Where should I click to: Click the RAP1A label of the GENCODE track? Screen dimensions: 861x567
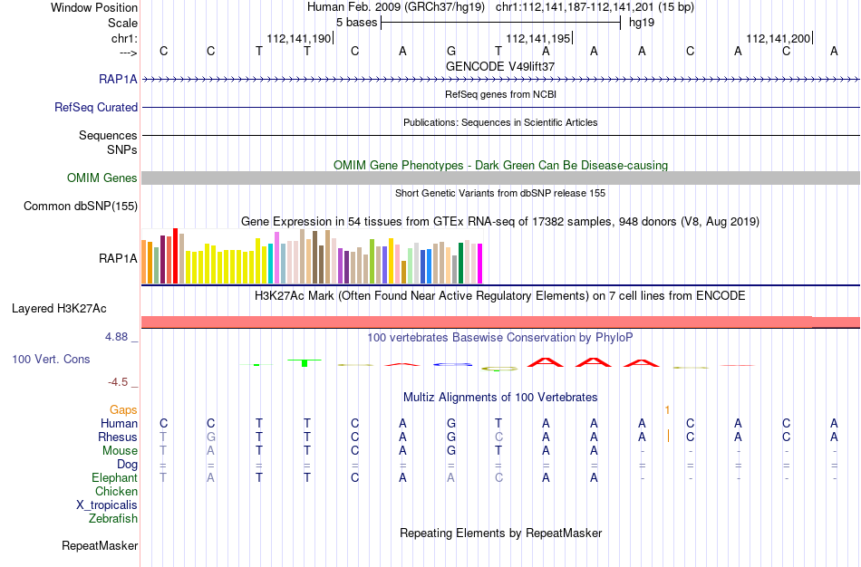pyautogui.click(x=118, y=79)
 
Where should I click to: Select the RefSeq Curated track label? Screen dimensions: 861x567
pyautogui.click(x=96, y=107)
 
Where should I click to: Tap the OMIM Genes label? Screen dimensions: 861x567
pyautogui.click(x=102, y=178)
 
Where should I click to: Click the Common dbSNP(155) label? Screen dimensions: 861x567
pyautogui.click(x=81, y=206)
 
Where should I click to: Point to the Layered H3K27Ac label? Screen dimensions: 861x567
pyautogui.click(x=59, y=309)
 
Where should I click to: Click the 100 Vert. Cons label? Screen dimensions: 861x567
pyautogui.click(x=51, y=359)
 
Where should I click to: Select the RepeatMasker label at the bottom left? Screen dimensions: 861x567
pyautogui.click(x=100, y=545)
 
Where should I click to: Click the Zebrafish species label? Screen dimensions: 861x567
pyautogui.click(x=113, y=518)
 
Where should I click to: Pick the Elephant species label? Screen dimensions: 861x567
pyautogui.click(x=115, y=477)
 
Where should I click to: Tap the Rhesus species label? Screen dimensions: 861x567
pyautogui.click(x=118, y=437)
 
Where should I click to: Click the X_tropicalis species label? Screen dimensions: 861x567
pyautogui.click(x=107, y=505)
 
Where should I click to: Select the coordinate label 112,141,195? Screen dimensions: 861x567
pyautogui.click(x=537, y=38)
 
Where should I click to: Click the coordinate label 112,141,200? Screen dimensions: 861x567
pyautogui.click(x=779, y=38)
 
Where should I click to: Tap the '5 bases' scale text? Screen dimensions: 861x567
pyautogui.click(x=357, y=23)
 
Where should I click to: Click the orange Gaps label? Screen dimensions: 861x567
pyautogui.click(x=123, y=410)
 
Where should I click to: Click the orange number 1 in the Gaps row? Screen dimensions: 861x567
pyautogui.click(x=667, y=410)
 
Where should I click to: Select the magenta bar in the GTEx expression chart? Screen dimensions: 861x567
pyautogui.click(x=480, y=264)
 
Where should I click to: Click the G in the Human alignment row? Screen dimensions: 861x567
pyautogui.click(x=451, y=423)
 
